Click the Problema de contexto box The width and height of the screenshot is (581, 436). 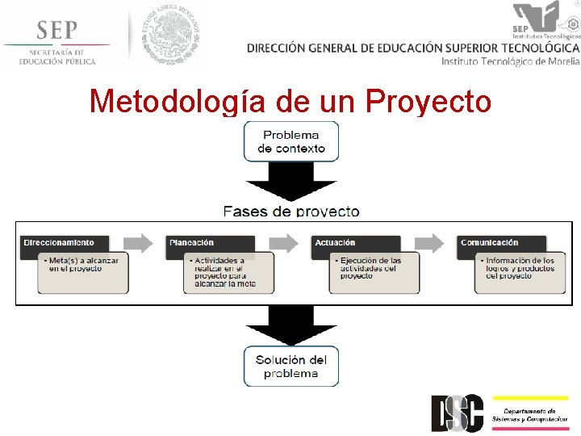(x=291, y=141)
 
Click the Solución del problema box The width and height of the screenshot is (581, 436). (x=291, y=367)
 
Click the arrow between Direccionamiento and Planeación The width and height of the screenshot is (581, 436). (x=139, y=242)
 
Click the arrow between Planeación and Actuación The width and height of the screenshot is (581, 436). (x=283, y=242)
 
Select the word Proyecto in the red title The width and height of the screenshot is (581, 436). (x=428, y=102)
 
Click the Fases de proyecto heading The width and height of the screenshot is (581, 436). (x=291, y=212)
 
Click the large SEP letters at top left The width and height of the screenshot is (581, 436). (x=56, y=31)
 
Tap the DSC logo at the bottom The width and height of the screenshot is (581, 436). (x=458, y=413)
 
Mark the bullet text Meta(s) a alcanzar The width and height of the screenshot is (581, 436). (x=83, y=264)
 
